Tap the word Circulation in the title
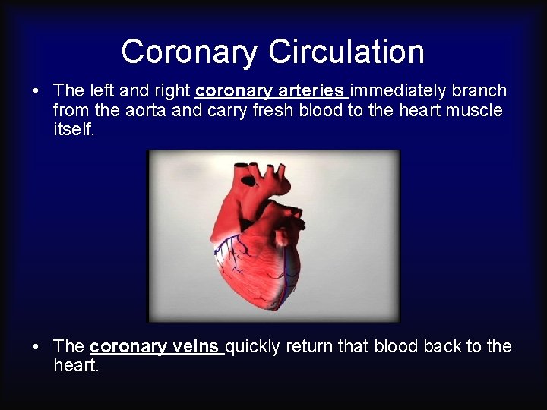(346, 52)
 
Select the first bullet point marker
(36, 91)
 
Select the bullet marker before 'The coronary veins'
(36, 347)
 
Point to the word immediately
(397, 90)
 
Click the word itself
(73, 130)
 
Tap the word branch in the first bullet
(478, 90)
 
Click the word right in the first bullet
(170, 90)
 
